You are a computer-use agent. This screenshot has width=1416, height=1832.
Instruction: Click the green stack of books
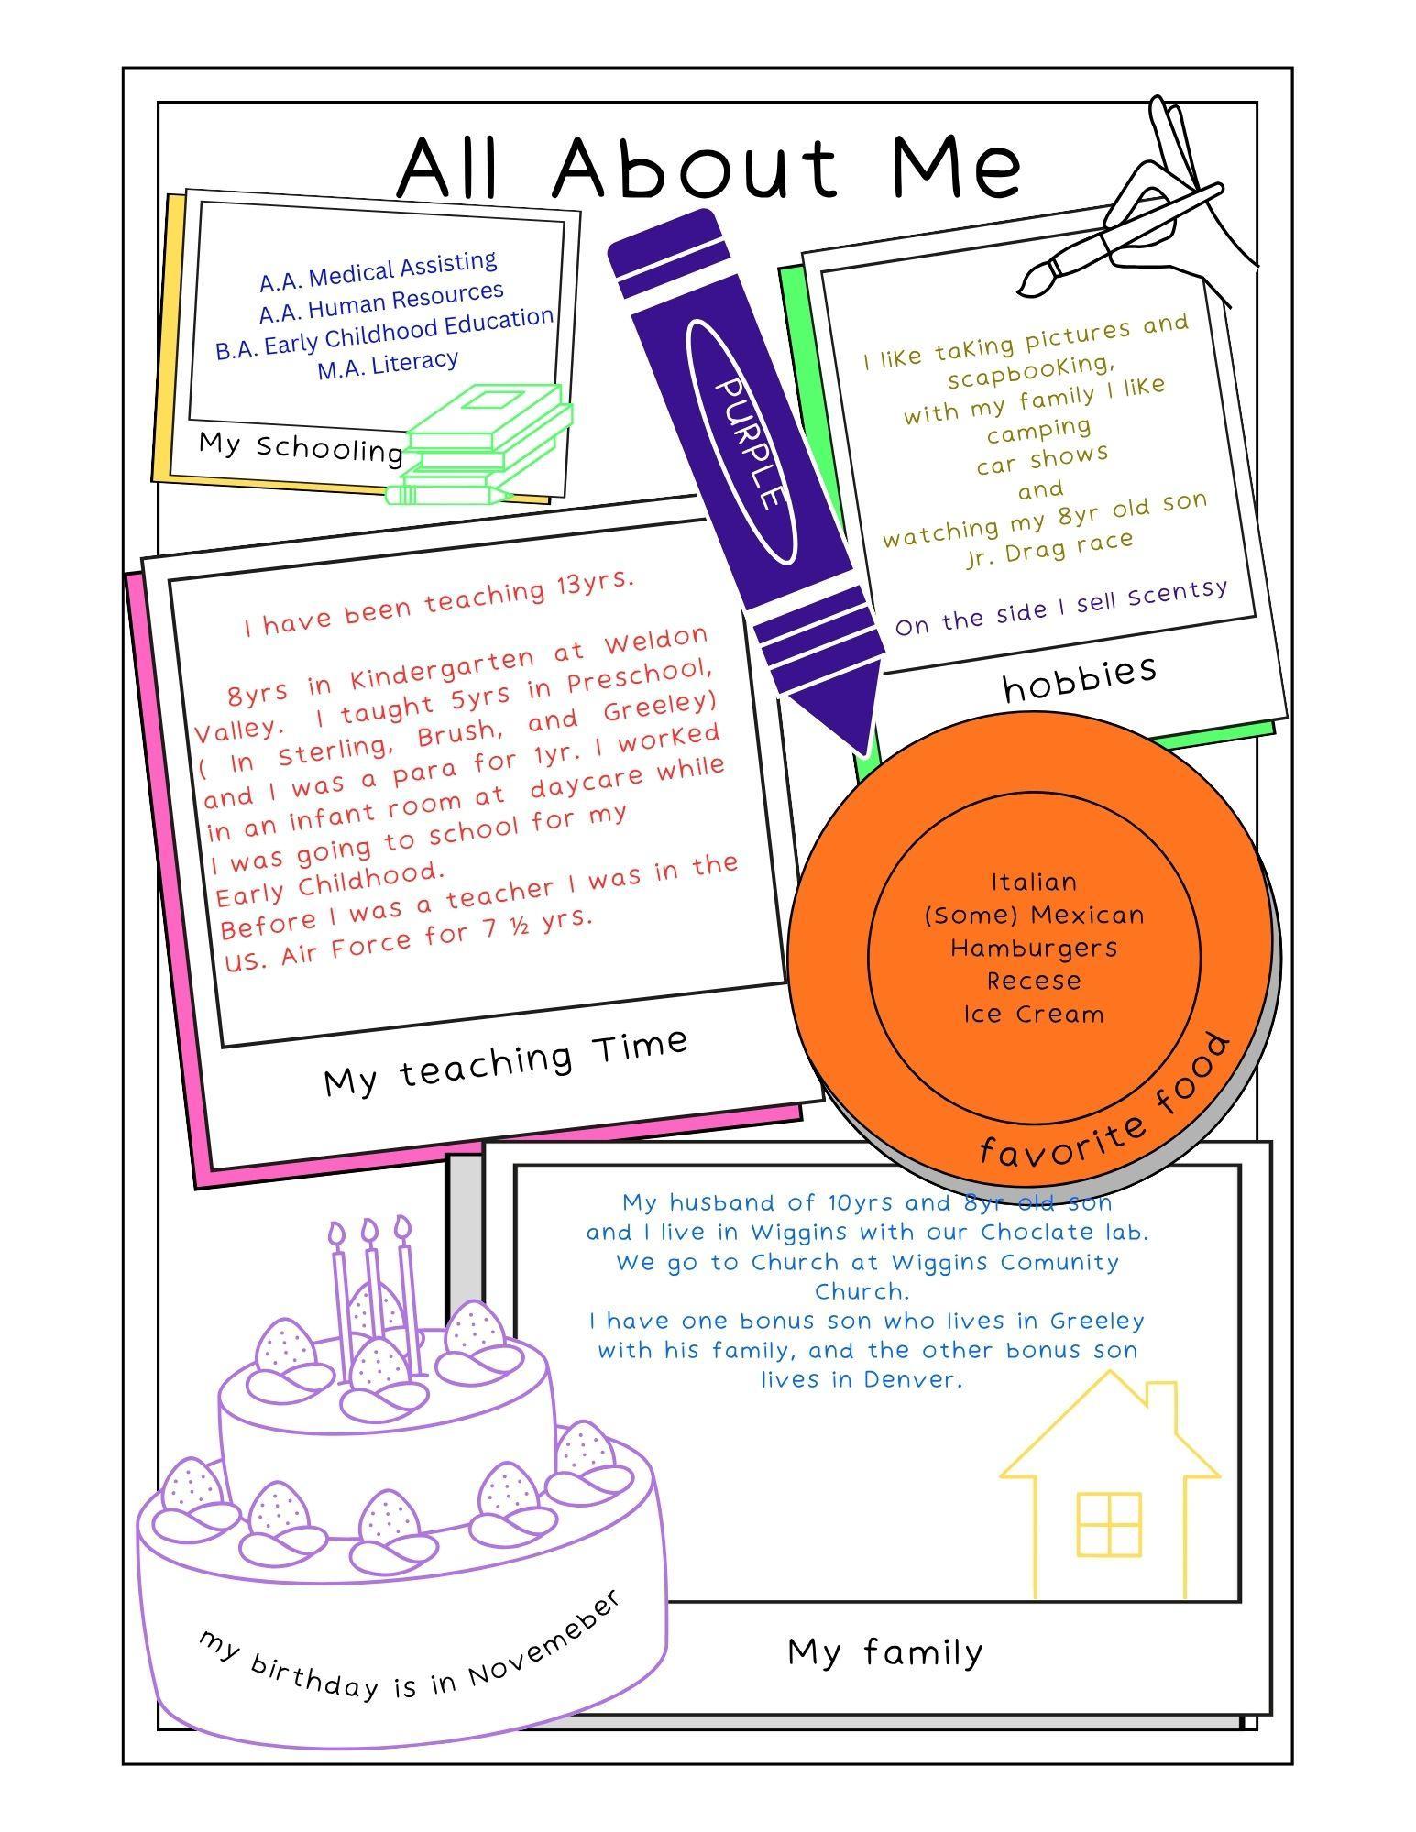coord(480,444)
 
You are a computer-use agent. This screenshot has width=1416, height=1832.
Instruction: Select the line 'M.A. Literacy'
coord(388,364)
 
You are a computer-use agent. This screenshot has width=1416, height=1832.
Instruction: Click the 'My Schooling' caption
coord(301,447)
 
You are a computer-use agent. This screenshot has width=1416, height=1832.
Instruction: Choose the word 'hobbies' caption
coord(1080,676)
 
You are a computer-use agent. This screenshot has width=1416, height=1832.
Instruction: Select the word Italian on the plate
coord(1034,882)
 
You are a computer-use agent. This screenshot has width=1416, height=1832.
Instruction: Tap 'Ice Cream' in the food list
coord(1034,1014)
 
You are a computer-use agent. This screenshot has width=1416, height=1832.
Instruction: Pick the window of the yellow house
coord(1109,1524)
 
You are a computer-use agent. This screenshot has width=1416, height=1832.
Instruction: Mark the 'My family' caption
coord(885,1652)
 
